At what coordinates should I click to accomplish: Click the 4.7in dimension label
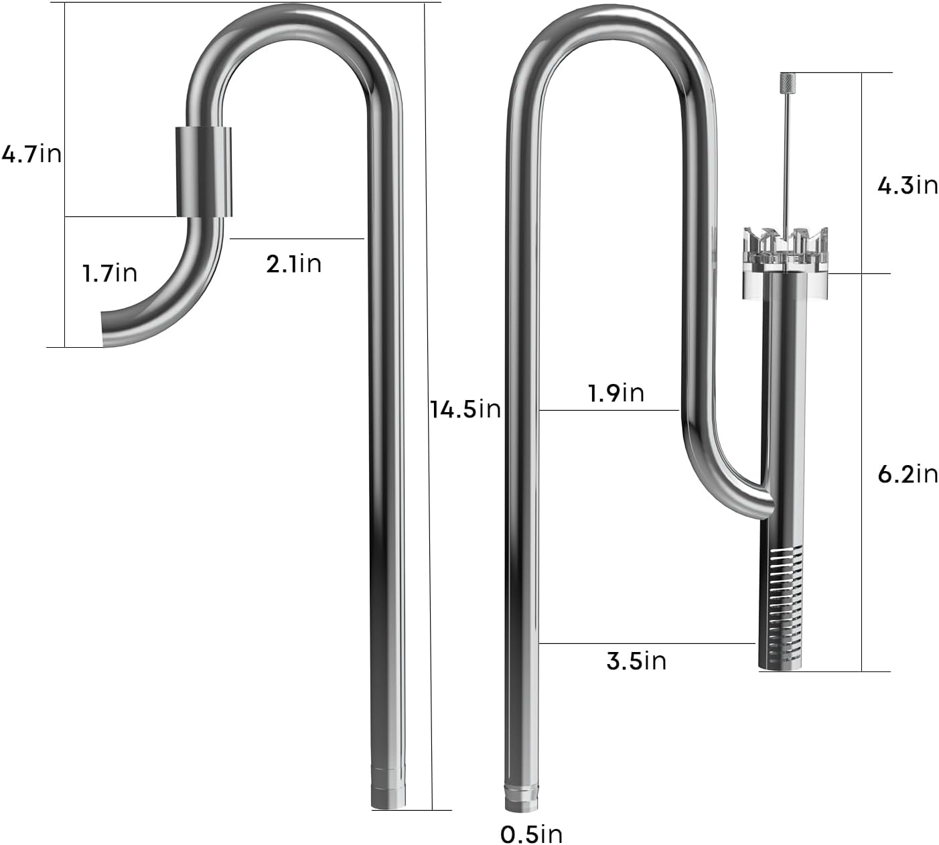[x=31, y=154]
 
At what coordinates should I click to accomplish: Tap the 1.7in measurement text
[x=109, y=273]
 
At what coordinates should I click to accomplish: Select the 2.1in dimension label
[x=293, y=263]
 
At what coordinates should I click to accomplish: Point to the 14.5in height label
[x=465, y=408]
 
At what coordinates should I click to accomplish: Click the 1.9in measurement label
[x=616, y=392]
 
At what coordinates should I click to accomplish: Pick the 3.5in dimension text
[x=636, y=661]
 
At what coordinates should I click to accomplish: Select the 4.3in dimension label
[x=908, y=185]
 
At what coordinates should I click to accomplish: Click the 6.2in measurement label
[x=908, y=474]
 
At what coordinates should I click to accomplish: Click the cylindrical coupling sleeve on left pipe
[x=204, y=172]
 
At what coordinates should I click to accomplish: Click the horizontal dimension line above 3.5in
[x=647, y=643]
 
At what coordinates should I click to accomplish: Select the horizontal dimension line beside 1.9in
[x=609, y=409]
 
